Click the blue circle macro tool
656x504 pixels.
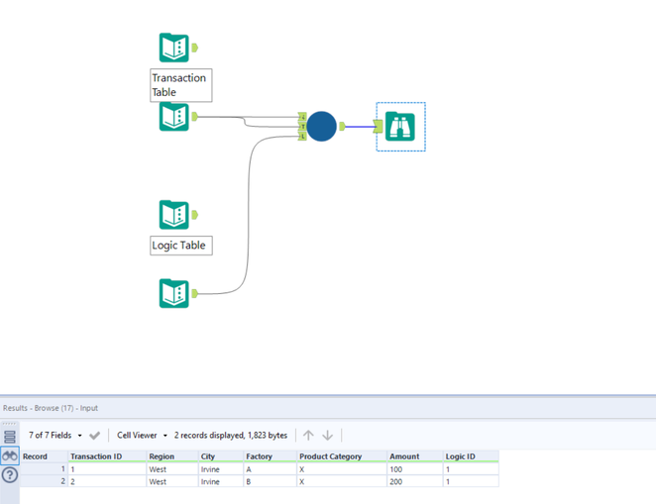pos(321,126)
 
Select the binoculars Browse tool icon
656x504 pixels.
pos(400,126)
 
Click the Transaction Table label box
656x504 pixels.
pos(181,85)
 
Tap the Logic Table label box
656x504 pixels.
pos(181,246)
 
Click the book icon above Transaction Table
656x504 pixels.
pos(174,48)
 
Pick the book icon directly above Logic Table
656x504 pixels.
pos(174,215)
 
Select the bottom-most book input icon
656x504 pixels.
pos(174,293)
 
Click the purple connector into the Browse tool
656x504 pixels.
pos(361,127)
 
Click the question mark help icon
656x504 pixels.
pos(10,475)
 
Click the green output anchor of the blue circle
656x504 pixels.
pos(342,126)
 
